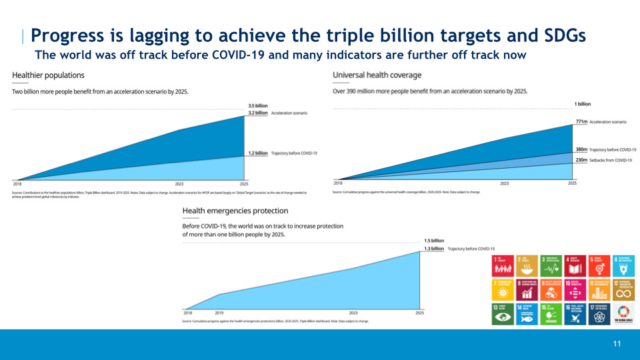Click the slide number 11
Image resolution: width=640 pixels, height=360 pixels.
(617, 344)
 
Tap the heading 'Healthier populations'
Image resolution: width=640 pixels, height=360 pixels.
(48, 75)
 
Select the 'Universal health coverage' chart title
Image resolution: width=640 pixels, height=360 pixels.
(377, 75)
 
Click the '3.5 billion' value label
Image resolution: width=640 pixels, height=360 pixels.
(257, 106)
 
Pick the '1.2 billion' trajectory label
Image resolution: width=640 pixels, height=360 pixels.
(257, 153)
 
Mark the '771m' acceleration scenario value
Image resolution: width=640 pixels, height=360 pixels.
(581, 122)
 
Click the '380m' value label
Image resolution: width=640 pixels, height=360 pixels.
(580, 150)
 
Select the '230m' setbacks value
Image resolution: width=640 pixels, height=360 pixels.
(580, 160)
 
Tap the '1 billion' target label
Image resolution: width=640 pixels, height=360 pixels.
(582, 104)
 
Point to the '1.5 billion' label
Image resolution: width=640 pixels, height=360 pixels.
(434, 241)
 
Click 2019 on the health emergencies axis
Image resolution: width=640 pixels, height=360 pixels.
(219, 312)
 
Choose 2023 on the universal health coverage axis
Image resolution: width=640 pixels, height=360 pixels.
(504, 183)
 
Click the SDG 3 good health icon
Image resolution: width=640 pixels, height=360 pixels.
(551, 265)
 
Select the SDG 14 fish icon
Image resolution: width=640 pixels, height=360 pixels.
(527, 313)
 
